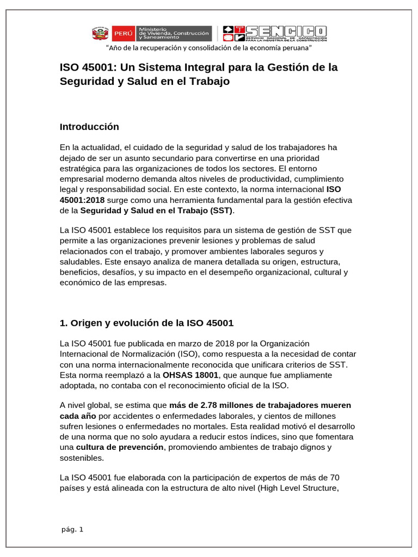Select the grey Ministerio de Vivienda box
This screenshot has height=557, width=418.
[174, 33]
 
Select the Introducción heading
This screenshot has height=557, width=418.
[89, 127]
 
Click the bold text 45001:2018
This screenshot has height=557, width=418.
[82, 200]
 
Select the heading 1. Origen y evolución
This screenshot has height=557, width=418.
[146, 323]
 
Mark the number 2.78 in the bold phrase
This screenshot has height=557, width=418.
[210, 406]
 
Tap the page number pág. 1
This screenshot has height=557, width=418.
[73, 530]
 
